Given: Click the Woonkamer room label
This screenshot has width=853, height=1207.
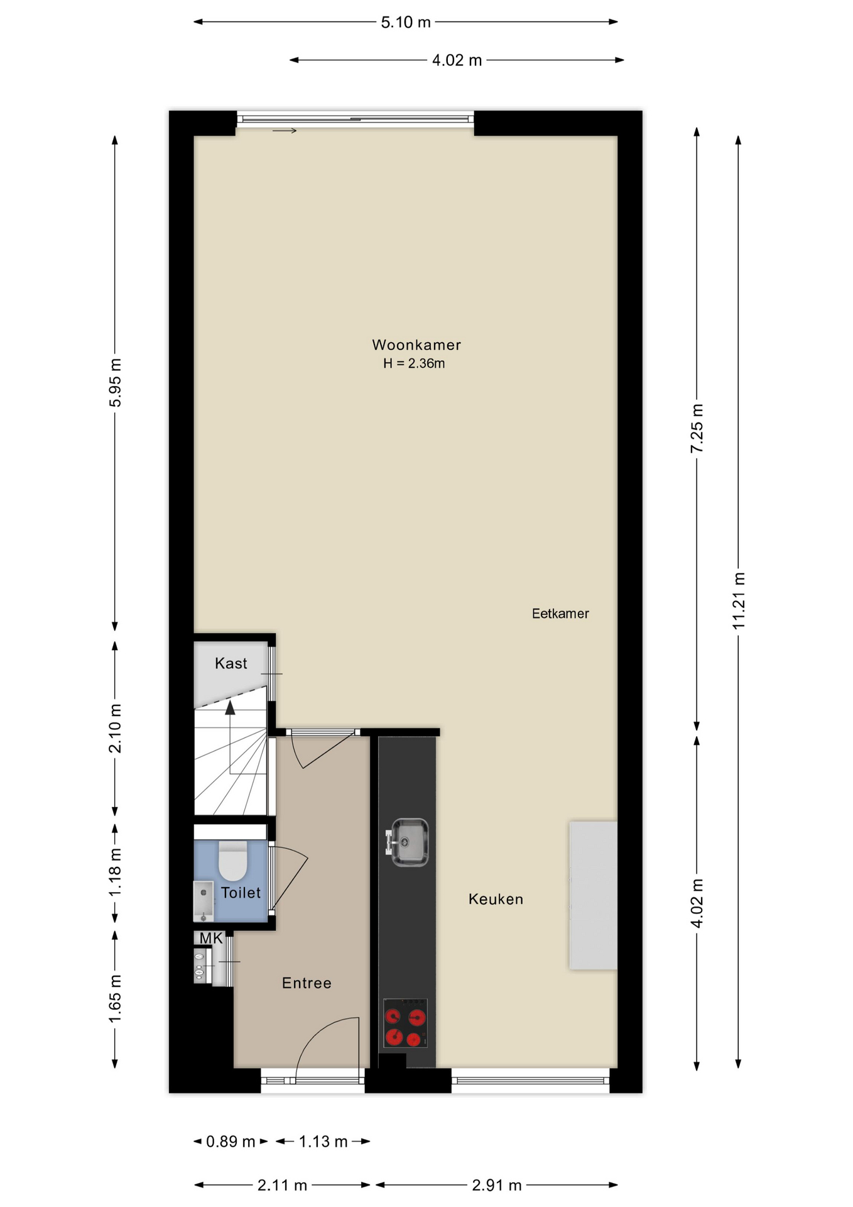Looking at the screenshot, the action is tap(416, 344).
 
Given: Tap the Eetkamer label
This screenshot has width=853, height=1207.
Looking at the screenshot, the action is tap(560, 614).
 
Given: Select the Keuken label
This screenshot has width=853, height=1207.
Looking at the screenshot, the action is tap(496, 899).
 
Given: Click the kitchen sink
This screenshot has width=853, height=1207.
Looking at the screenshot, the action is tap(408, 842).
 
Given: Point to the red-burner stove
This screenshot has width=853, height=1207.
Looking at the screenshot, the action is tap(405, 1023).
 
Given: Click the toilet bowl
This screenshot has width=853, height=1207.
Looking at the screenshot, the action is tap(233, 861).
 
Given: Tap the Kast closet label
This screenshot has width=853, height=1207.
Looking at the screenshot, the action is tap(231, 663).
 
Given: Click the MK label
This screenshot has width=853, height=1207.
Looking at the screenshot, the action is tap(211, 939).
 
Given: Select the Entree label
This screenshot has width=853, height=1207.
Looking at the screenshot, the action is tap(307, 983).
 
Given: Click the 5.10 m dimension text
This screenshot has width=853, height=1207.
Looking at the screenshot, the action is tap(406, 22).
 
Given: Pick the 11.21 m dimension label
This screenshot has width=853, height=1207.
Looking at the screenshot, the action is tap(739, 600).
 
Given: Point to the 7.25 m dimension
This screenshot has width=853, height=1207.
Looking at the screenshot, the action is tap(697, 428).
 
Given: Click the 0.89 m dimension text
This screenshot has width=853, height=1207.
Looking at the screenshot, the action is tap(231, 1141).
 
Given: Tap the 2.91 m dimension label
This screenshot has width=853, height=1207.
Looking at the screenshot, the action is tap(497, 1185).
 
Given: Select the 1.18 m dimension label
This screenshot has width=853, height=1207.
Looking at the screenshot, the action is tap(115, 873).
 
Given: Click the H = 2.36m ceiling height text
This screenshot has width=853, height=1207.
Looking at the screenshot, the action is tap(414, 363).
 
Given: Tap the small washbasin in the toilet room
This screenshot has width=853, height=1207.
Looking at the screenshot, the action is tap(204, 901).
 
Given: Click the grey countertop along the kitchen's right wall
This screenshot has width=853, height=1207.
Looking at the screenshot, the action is tap(593, 895).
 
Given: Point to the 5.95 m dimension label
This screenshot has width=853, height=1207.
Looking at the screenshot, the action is tap(115, 382).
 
